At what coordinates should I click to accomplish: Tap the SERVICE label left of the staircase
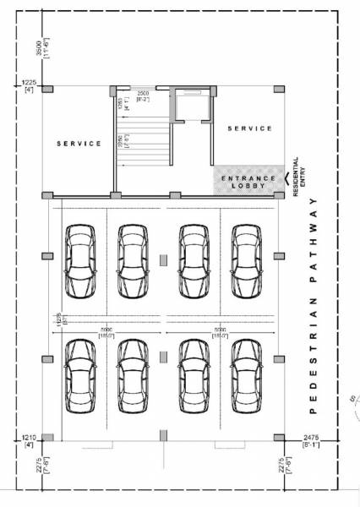[x=79, y=144]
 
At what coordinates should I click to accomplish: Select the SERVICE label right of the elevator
[x=249, y=128]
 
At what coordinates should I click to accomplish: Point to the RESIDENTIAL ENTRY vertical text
[x=299, y=176]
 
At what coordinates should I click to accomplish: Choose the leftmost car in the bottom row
[x=78, y=378]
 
